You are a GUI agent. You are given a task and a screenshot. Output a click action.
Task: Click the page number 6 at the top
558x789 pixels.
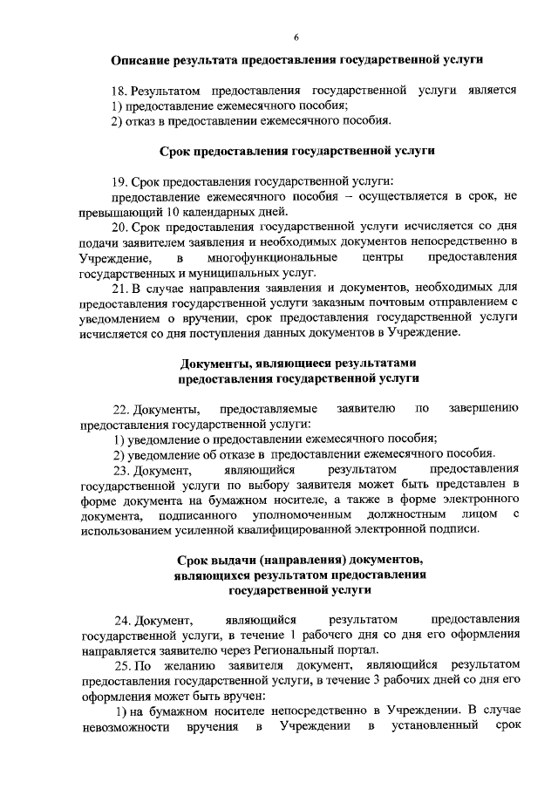[x=296, y=37]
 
